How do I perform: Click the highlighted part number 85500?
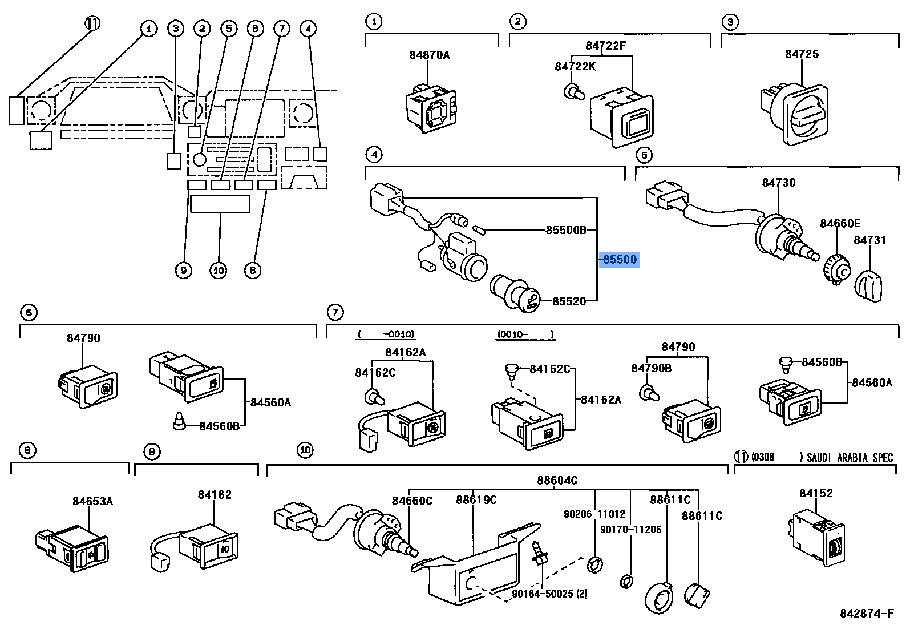pyautogui.click(x=620, y=259)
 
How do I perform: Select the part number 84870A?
pyautogui.click(x=429, y=55)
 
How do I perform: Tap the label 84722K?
pyautogui.click(x=575, y=66)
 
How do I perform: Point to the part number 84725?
pyautogui.click(x=802, y=54)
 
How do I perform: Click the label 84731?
pyautogui.click(x=869, y=240)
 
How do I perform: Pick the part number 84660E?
pyautogui.click(x=840, y=223)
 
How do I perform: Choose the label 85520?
pyautogui.click(x=569, y=301)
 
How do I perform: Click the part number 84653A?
pyautogui.click(x=92, y=501)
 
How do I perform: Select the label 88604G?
pyautogui.click(x=557, y=480)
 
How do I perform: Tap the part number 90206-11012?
pyautogui.click(x=594, y=514)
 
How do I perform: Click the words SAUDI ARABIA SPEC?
pyautogui.click(x=850, y=458)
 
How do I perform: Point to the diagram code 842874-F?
pyautogui.click(x=867, y=613)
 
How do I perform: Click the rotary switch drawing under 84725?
pyautogui.click(x=794, y=114)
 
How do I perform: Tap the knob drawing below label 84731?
pyautogui.click(x=868, y=285)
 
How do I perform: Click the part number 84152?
pyautogui.click(x=816, y=493)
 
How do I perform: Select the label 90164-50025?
pyautogui.click(x=549, y=594)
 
